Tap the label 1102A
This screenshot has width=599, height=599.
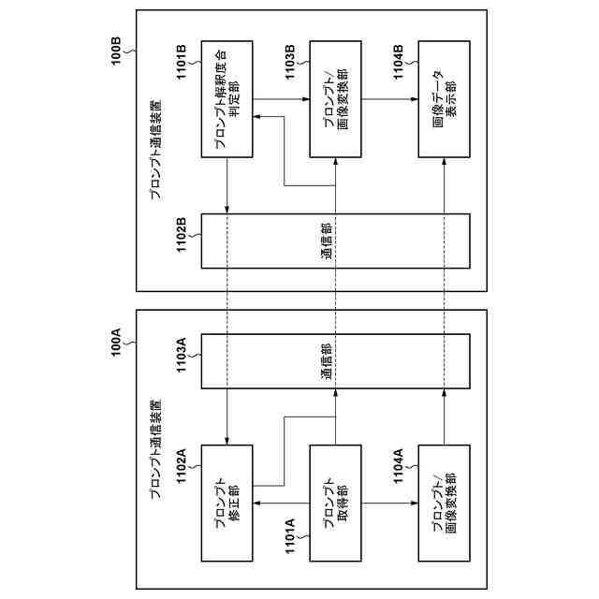pos(183,468)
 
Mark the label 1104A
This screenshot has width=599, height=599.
pos(399,468)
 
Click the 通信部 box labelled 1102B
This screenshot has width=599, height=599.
pos(335,241)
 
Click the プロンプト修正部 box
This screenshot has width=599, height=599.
pos(227,504)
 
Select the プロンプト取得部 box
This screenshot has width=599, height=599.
pos(335,504)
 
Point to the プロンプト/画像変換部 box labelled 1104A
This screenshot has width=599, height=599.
pos(444,504)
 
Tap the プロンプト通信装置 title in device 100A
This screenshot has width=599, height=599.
pos(155,450)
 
